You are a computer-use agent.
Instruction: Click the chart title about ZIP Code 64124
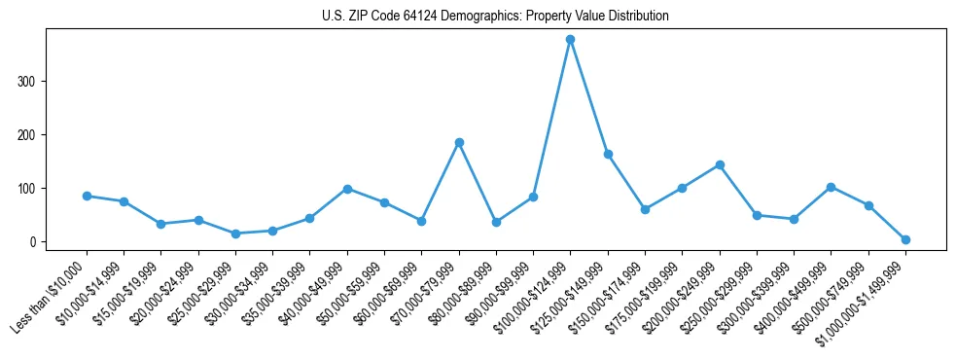click(495, 17)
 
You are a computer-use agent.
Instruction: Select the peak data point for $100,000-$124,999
click(570, 39)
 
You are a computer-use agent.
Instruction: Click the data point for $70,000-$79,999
click(459, 142)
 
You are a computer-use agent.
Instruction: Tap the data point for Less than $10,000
click(87, 196)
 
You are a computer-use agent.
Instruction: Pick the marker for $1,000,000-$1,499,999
click(905, 239)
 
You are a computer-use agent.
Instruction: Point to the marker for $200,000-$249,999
click(720, 164)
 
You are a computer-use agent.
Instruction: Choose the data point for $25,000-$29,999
click(235, 234)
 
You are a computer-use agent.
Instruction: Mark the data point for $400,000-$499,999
click(831, 187)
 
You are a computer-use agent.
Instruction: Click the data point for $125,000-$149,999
click(608, 154)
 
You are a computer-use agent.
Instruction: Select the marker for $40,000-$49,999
click(347, 189)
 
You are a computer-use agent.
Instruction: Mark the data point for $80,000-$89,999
click(496, 222)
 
